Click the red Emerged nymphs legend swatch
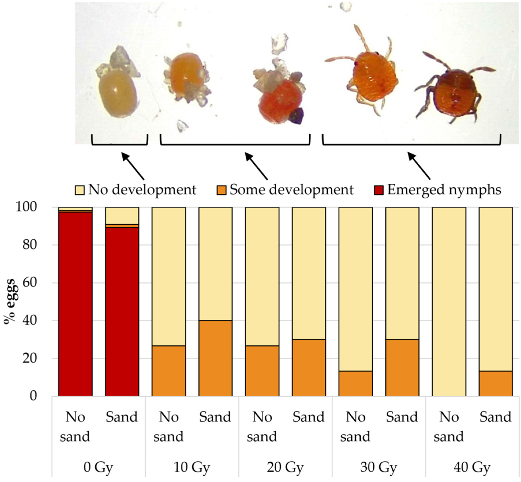click(x=378, y=190)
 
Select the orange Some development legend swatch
click(x=221, y=190)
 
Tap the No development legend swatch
click(x=80, y=190)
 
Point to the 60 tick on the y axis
click(x=29, y=283)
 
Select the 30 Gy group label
click(x=378, y=467)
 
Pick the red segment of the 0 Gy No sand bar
click(x=75, y=304)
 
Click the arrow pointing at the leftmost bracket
click(x=133, y=166)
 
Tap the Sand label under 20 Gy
click(x=309, y=417)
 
